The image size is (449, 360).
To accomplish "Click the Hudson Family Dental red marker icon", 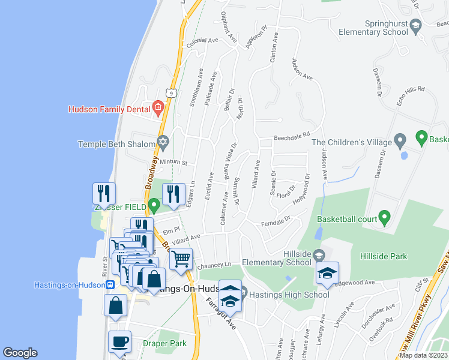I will [158, 109].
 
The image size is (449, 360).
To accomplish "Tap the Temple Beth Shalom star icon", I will [162, 143].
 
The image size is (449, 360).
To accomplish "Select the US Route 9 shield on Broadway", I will [172, 93].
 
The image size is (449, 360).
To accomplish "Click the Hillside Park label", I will [384, 256].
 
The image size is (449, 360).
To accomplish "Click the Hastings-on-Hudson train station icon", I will [110, 285].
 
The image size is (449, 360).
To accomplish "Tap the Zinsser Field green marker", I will [154, 206].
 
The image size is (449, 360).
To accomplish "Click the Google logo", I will [20, 353].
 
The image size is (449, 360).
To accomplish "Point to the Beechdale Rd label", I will [291, 137].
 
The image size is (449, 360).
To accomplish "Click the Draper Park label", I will [164, 344].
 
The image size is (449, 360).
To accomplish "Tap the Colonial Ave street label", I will [202, 41].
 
